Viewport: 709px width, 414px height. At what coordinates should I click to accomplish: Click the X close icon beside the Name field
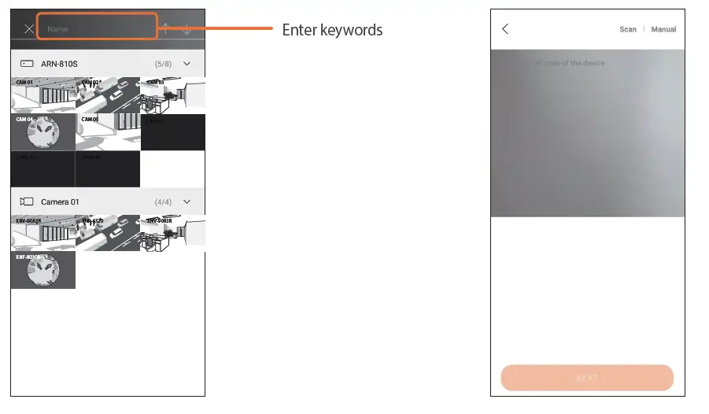pyautogui.click(x=29, y=29)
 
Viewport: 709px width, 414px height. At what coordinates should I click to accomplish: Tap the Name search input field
pyautogui.click(x=97, y=28)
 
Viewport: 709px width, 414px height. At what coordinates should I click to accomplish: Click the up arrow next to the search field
pyautogui.click(x=166, y=29)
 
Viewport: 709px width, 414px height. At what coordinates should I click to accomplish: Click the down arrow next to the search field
pyautogui.click(x=187, y=29)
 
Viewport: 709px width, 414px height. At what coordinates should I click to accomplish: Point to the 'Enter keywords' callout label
pyautogui.click(x=332, y=30)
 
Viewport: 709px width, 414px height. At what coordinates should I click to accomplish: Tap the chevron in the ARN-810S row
pyautogui.click(x=187, y=63)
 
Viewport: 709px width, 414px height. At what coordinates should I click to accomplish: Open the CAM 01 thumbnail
pyautogui.click(x=43, y=95)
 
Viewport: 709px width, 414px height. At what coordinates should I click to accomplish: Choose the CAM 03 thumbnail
pyautogui.click(x=172, y=95)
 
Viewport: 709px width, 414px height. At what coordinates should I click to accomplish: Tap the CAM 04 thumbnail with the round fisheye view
pyautogui.click(x=43, y=132)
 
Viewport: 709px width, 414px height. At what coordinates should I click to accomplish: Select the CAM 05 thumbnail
pyautogui.click(x=108, y=132)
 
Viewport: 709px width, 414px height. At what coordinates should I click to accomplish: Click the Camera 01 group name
pyautogui.click(x=60, y=201)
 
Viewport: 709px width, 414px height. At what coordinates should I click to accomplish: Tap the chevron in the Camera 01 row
pyautogui.click(x=187, y=201)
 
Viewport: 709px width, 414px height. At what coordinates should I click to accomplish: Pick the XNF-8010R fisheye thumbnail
pyautogui.click(x=43, y=270)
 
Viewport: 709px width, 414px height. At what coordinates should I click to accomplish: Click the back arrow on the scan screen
pyautogui.click(x=505, y=29)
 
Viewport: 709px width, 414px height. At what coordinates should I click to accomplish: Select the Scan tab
pyautogui.click(x=627, y=29)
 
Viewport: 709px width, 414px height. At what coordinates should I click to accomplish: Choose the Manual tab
pyautogui.click(x=663, y=29)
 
